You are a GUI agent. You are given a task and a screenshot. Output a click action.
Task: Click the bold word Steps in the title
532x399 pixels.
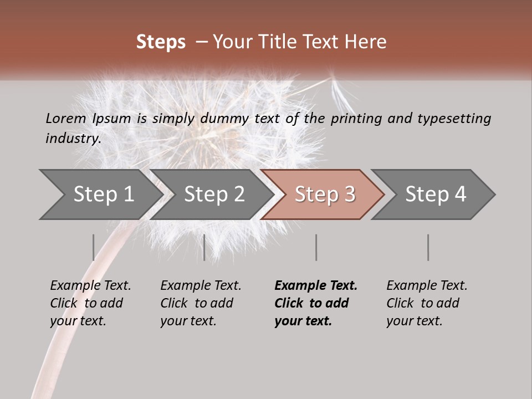click(161, 42)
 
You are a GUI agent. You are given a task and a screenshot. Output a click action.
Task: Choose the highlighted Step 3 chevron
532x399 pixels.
click(325, 195)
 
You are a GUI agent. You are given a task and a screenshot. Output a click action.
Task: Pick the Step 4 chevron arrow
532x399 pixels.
click(436, 195)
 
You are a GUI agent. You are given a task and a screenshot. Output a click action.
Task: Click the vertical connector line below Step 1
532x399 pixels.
click(94, 247)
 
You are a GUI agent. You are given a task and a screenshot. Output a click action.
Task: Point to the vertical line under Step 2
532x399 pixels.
click(204, 247)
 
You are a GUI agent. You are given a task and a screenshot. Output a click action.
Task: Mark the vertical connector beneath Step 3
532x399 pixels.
click(316, 247)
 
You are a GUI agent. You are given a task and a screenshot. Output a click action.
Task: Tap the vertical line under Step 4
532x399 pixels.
click(428, 247)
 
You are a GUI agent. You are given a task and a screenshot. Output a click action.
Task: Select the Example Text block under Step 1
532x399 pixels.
click(90, 303)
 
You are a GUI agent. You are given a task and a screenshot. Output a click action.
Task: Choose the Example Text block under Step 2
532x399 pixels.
click(201, 303)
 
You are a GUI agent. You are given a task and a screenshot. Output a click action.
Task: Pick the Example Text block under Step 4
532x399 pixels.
click(427, 303)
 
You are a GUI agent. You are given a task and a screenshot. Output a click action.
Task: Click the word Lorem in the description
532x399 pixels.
click(65, 119)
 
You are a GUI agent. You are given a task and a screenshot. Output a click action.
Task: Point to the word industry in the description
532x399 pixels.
click(73, 139)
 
